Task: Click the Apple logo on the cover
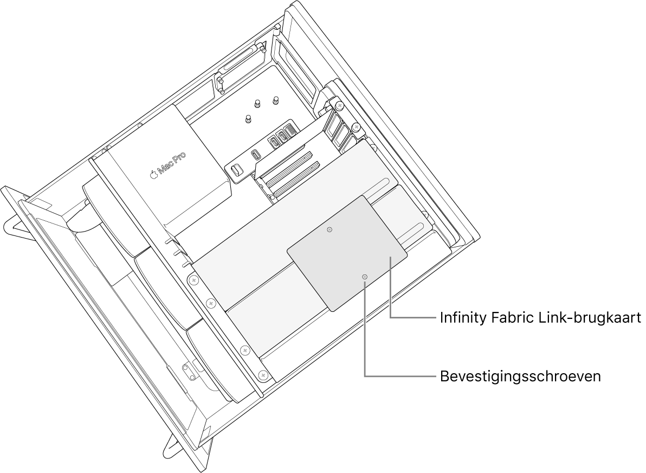[153, 175]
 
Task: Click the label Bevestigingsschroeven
[520, 376]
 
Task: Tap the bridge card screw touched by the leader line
[365, 277]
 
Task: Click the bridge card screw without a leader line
[330, 230]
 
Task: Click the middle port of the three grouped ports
[282, 135]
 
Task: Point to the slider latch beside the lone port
[236, 170]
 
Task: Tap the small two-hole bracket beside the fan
[189, 372]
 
